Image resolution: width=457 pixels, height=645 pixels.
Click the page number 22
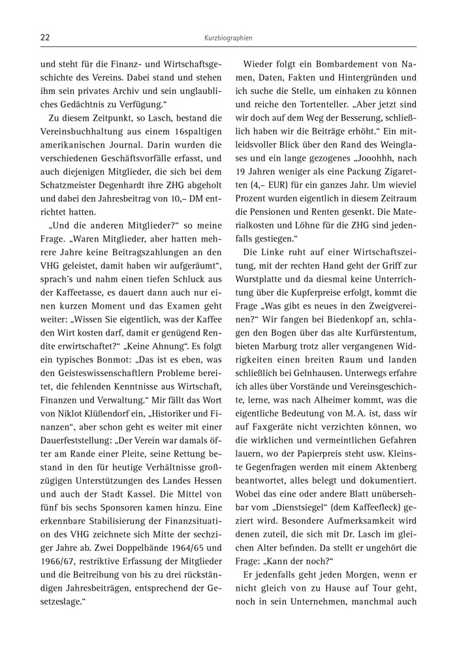point(45,38)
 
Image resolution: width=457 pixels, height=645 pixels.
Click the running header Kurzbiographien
point(228,39)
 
